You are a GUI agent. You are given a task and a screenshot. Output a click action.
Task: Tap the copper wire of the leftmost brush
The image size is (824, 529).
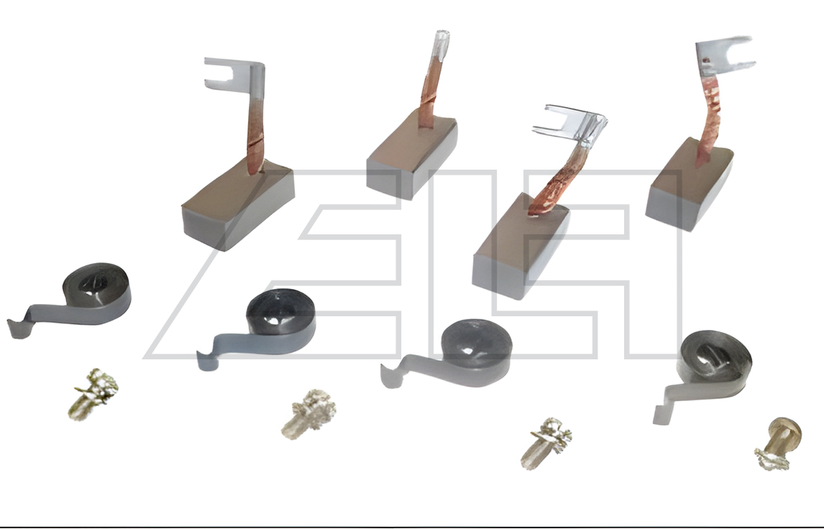[255, 137]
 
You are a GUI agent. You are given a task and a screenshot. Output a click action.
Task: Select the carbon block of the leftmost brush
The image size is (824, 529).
[237, 205]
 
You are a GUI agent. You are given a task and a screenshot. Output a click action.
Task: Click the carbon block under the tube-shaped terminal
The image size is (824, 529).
[411, 156]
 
